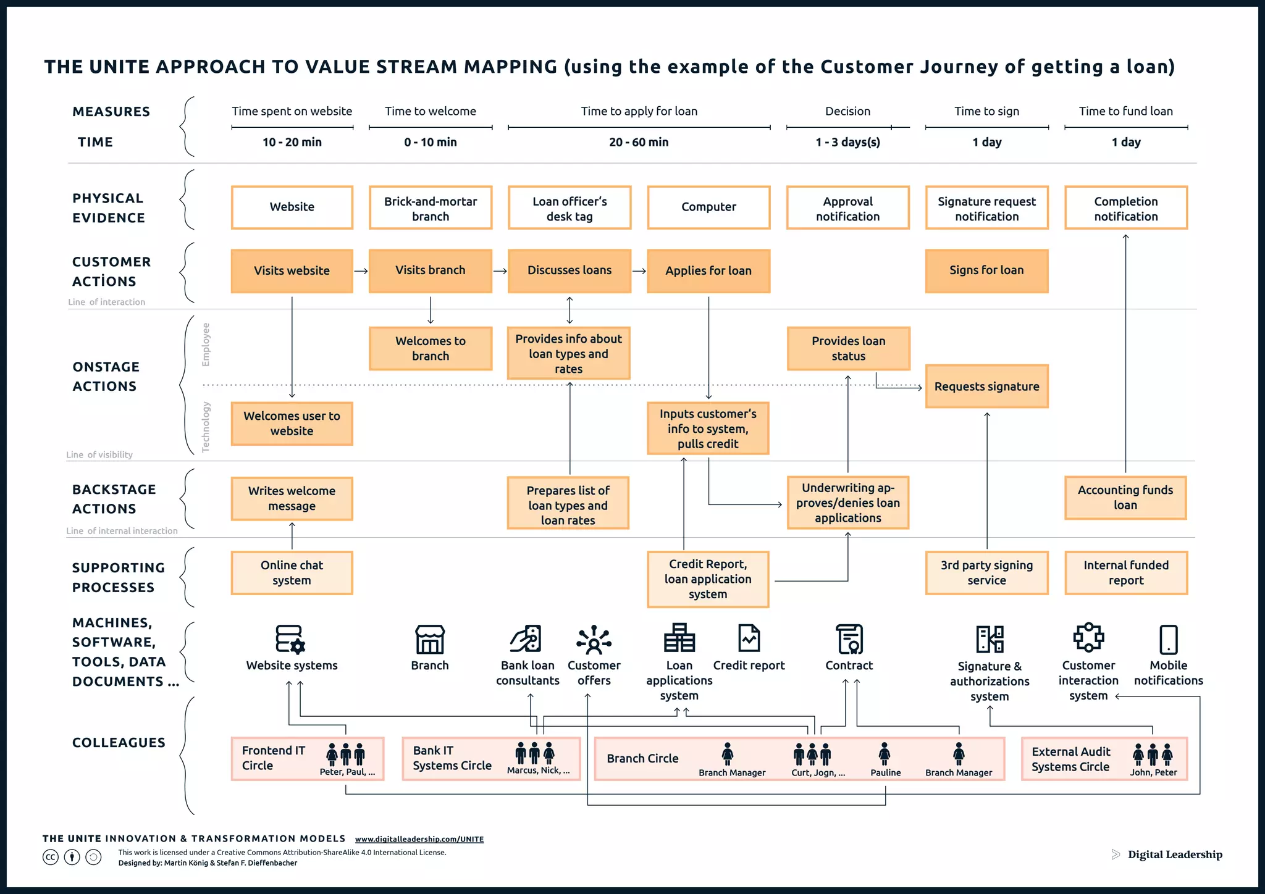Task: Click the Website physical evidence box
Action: pos(292,207)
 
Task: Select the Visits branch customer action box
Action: pos(430,270)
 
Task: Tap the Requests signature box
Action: pos(986,386)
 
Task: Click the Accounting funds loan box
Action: pos(1125,498)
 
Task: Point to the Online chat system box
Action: pos(292,573)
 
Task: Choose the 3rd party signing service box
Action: pos(986,573)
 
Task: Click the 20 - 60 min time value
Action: pos(639,142)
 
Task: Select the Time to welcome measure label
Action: pos(431,111)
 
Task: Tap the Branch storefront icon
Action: pos(430,640)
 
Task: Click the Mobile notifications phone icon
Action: pos(1168,640)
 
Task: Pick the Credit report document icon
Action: pos(749,638)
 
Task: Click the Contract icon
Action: pos(849,639)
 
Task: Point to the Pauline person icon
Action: pos(885,754)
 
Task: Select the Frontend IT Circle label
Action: pos(274,758)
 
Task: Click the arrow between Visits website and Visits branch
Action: pos(361,271)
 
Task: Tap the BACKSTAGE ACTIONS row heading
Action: pos(114,499)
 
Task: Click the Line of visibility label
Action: pos(99,455)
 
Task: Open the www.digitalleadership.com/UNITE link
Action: pos(419,839)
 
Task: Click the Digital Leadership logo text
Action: pos(1174,854)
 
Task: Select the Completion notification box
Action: pos(1125,209)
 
